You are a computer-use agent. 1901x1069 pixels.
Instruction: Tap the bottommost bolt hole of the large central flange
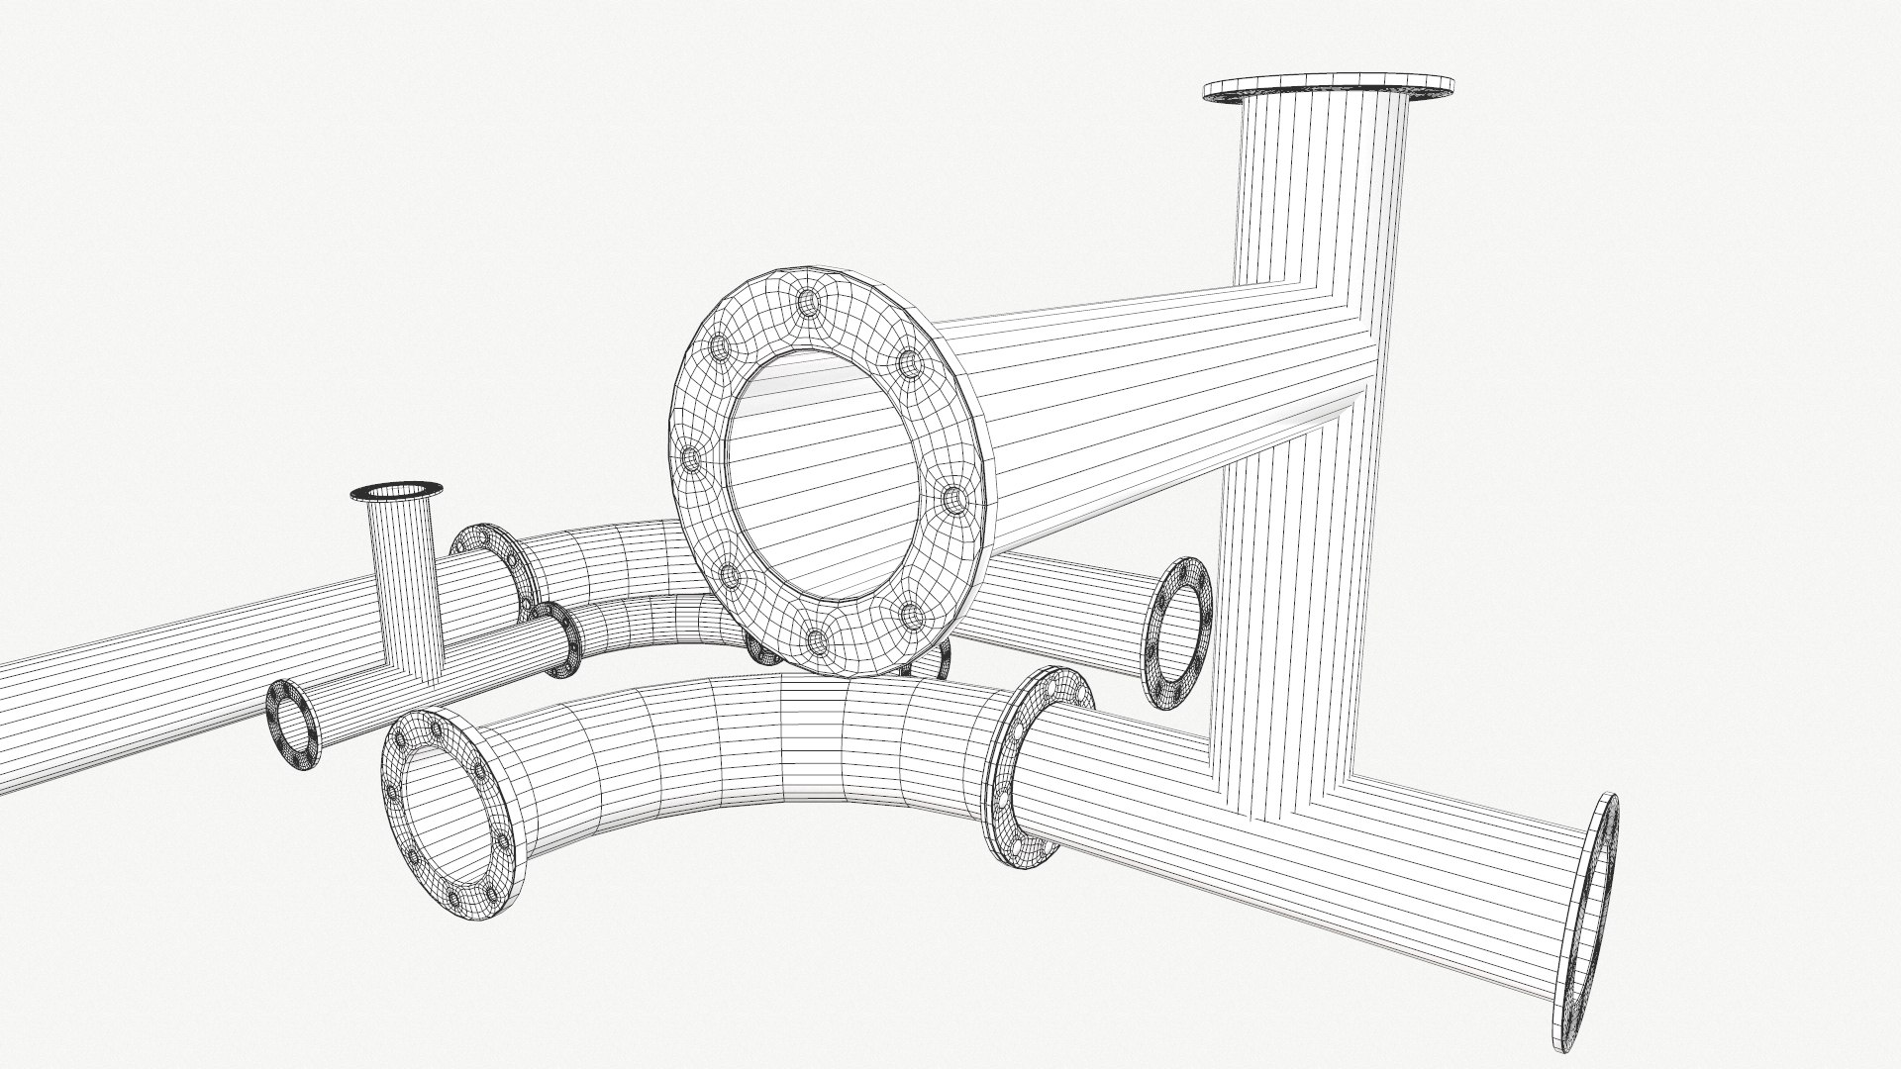pyautogui.click(x=819, y=641)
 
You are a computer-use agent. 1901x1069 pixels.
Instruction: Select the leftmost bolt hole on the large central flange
pyautogui.click(x=691, y=457)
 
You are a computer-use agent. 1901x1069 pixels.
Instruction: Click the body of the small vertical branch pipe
pyautogui.click(x=404, y=584)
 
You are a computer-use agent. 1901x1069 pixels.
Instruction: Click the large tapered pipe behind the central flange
pyautogui.click(x=1139, y=396)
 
